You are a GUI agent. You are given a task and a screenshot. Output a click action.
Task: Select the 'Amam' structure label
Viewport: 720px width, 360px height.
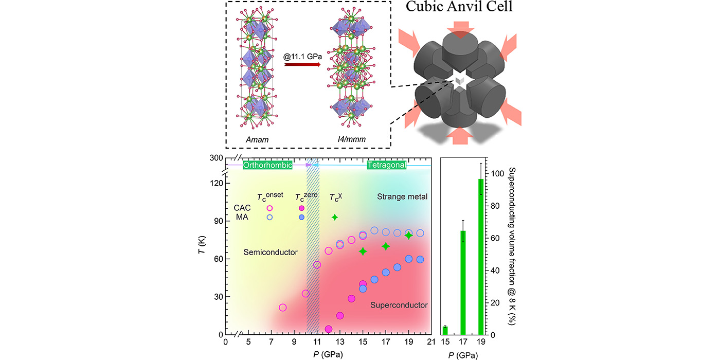click(x=255, y=139)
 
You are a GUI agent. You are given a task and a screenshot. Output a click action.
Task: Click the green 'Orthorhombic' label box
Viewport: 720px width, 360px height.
click(x=267, y=165)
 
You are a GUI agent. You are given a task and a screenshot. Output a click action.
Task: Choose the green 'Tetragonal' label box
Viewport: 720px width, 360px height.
click(x=386, y=165)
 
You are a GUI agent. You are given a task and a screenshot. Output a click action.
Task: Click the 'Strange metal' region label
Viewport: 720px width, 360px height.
click(x=402, y=196)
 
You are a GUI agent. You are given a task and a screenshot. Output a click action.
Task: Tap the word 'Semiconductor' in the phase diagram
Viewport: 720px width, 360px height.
click(x=270, y=252)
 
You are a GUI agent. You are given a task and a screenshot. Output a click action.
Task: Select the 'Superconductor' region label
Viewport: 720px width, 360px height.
click(x=399, y=305)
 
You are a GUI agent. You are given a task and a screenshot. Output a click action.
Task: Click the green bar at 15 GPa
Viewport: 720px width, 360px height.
click(x=445, y=330)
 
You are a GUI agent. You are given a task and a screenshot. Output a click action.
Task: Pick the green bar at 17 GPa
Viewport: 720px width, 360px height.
click(x=463, y=283)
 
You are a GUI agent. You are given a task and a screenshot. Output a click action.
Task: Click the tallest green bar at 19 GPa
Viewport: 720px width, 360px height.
click(x=481, y=257)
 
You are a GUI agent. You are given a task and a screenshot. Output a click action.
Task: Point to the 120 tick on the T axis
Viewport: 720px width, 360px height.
click(x=216, y=183)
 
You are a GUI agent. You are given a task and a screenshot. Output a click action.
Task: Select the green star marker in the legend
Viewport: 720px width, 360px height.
click(x=335, y=217)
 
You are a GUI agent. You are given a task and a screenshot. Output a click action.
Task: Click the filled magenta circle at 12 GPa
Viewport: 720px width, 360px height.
click(x=329, y=329)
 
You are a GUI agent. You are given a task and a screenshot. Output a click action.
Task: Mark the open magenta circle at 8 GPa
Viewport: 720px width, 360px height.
click(x=282, y=308)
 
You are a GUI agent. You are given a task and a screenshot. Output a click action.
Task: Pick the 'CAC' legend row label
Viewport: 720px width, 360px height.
click(x=241, y=208)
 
